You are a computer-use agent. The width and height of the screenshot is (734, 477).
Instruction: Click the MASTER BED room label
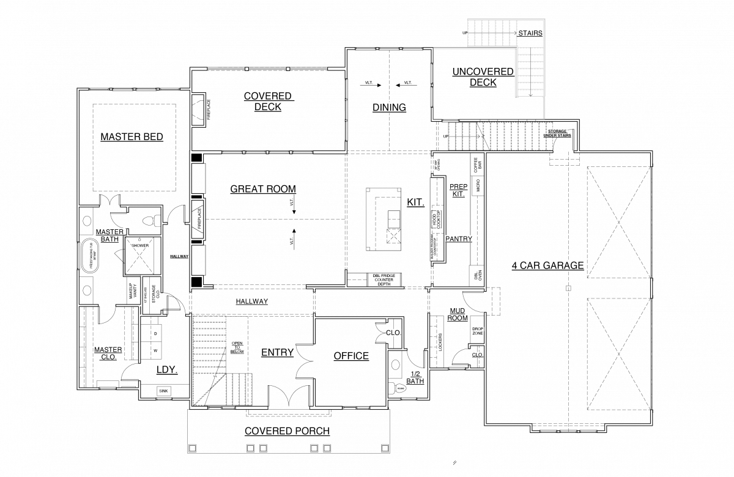pos(132,137)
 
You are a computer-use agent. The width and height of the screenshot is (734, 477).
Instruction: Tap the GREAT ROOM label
pos(263,189)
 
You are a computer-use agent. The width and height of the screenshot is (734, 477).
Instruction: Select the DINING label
pos(389,108)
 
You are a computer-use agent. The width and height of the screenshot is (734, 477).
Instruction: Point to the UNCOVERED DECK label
pos(483,77)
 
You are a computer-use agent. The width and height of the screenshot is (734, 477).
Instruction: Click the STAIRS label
pos(530,33)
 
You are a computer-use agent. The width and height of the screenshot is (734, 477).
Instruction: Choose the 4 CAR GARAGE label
pos(547,265)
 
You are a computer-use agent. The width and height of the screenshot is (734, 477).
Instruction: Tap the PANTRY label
pos(458,239)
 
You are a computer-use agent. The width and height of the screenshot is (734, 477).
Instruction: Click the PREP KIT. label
pos(458,190)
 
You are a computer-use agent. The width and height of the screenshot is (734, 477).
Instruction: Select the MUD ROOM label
pos(457,314)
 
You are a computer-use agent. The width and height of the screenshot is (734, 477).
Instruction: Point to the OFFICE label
pos(351,356)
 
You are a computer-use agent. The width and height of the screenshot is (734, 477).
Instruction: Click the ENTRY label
pos(277,352)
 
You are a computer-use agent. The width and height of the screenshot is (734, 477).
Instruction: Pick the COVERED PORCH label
pos(287,431)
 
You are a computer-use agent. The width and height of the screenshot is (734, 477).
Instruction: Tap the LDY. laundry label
pos(166,370)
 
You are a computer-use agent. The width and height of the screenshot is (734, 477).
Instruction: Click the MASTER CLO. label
pos(108,353)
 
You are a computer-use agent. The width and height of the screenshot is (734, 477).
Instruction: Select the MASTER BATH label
pos(110,235)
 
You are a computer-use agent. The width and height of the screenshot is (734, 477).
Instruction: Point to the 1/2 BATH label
pos(415,377)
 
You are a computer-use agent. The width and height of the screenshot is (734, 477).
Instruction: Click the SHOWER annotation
pos(140,246)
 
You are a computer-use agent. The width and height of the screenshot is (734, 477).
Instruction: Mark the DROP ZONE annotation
pos(478,331)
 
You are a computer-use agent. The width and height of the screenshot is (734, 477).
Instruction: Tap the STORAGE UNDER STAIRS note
pos(557,133)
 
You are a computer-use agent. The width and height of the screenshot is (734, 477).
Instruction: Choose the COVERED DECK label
pos(269,102)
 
